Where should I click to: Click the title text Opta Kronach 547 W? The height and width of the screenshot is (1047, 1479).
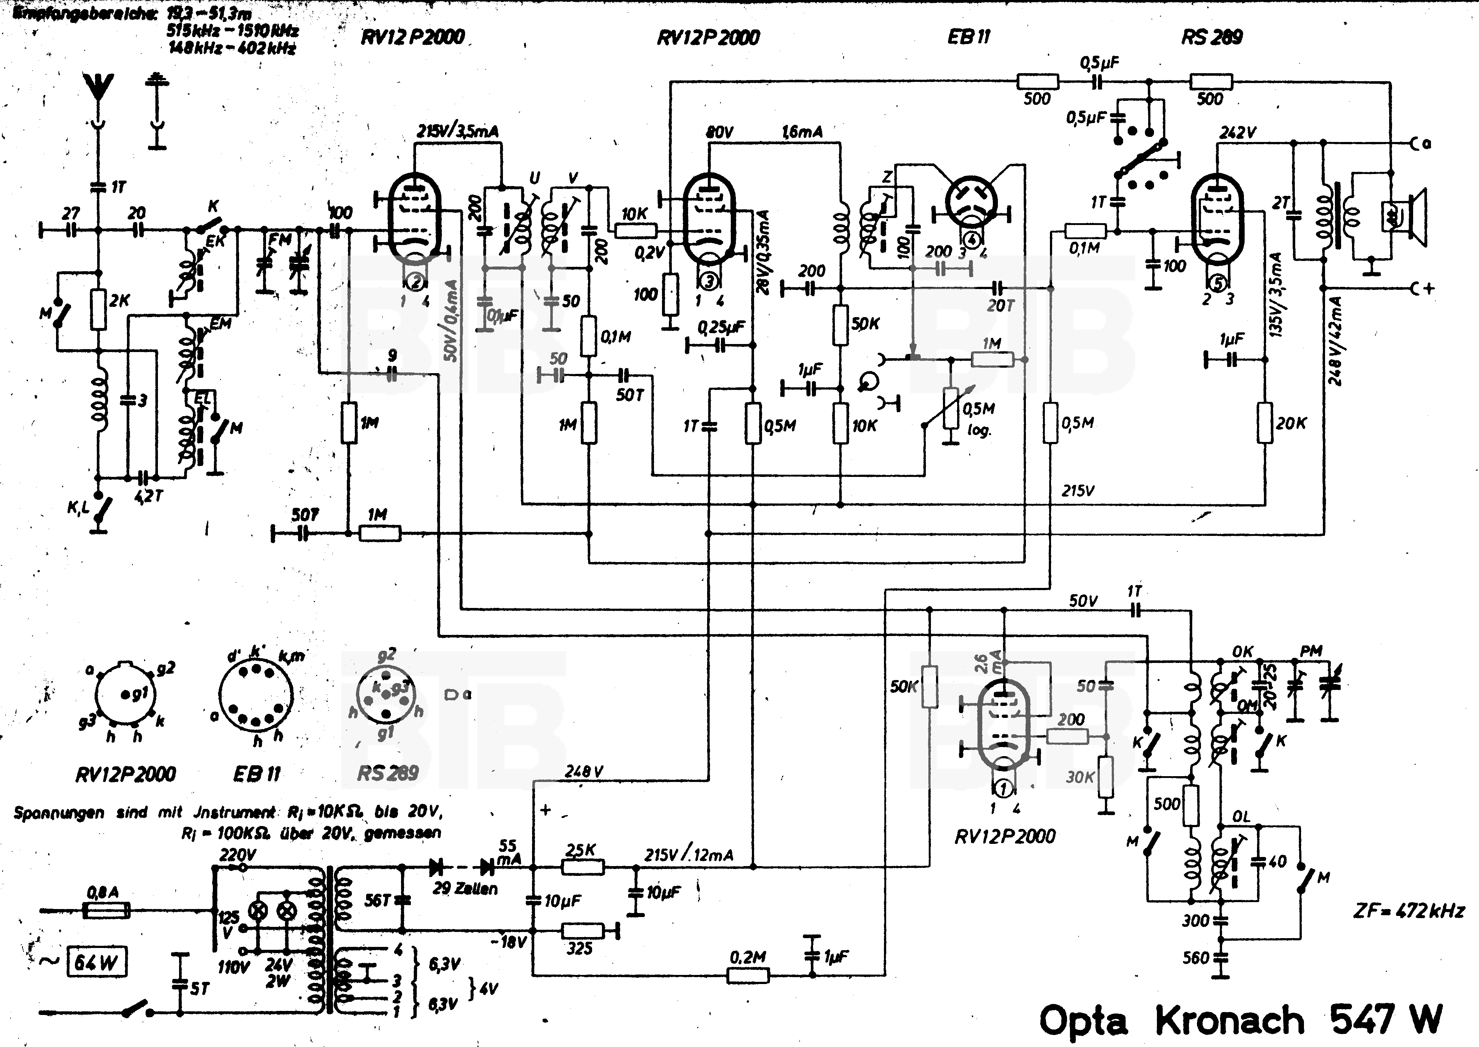point(1241,1019)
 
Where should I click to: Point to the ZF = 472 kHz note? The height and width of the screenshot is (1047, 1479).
point(1408,911)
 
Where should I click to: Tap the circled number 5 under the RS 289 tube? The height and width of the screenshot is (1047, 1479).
point(1218,283)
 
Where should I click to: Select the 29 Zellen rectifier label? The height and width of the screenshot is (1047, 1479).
point(465,888)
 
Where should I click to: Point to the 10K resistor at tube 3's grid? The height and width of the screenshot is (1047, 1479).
point(635,229)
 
